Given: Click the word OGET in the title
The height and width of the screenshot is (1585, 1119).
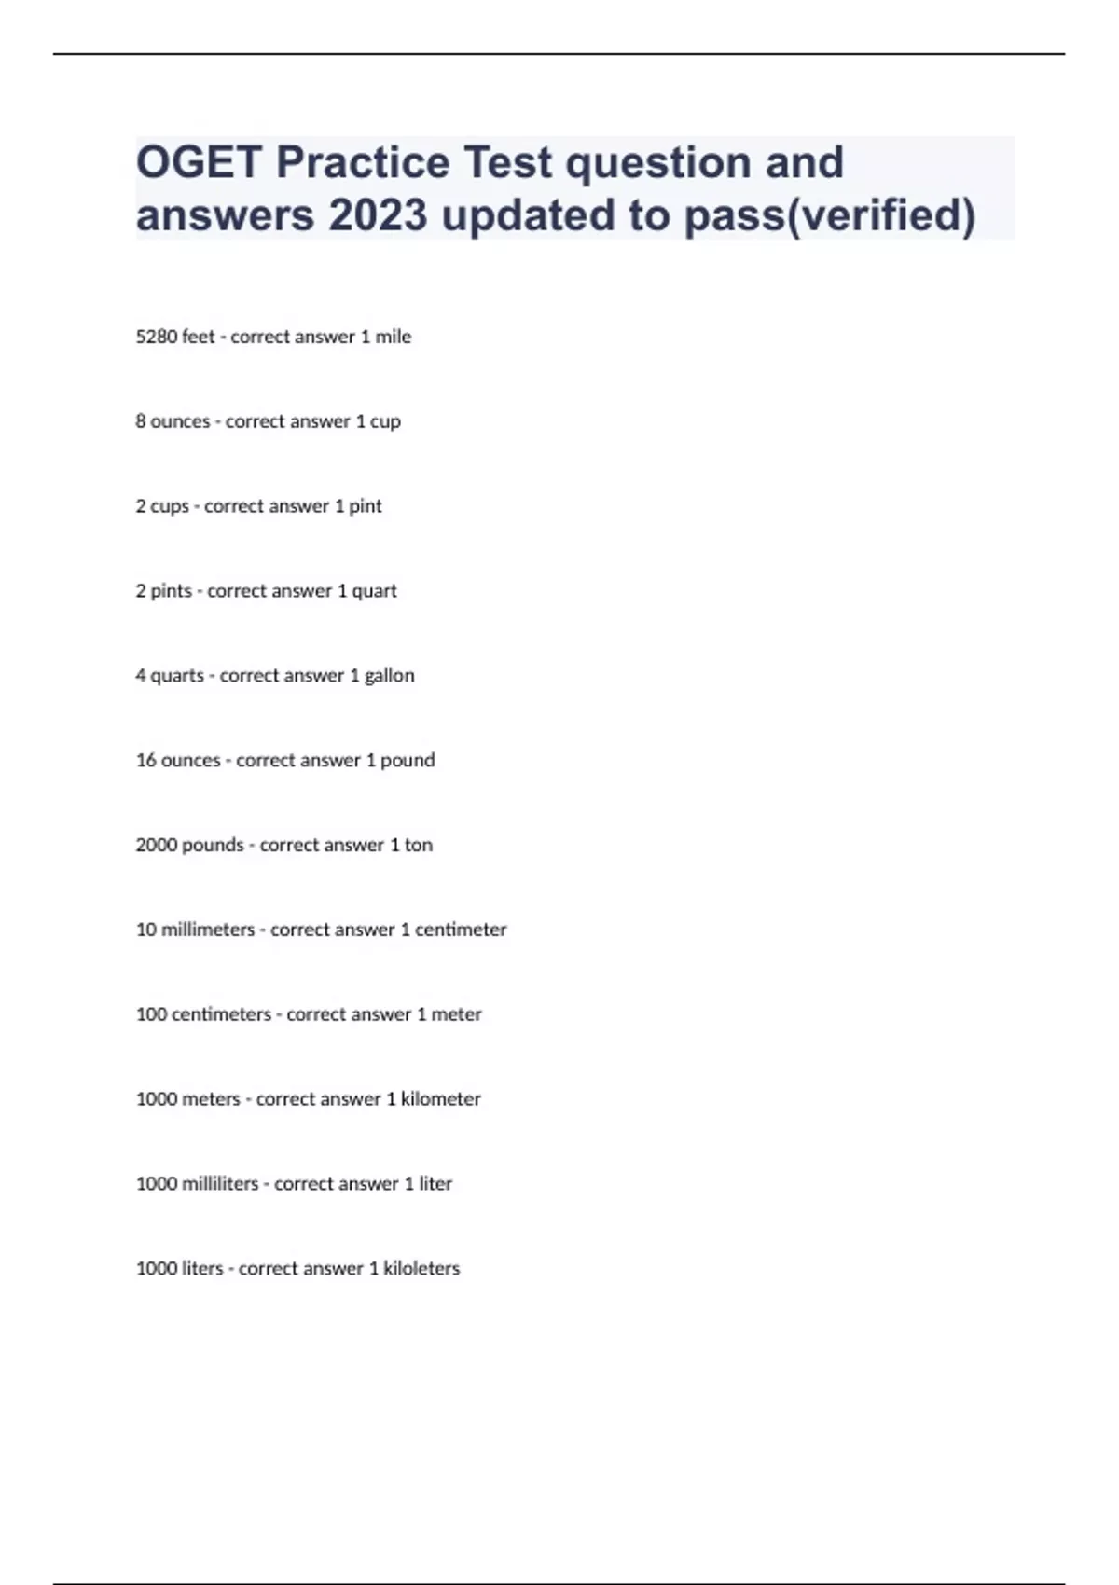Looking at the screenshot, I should pyautogui.click(x=199, y=162).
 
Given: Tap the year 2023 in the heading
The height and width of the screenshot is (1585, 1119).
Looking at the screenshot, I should pyautogui.click(x=378, y=215).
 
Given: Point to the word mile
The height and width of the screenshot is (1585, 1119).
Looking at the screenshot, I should pyautogui.click(x=393, y=337).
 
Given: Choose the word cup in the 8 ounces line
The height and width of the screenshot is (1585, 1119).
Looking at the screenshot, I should pyautogui.click(x=385, y=421).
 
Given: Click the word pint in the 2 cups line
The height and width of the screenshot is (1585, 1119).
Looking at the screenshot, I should pyautogui.click(x=365, y=506).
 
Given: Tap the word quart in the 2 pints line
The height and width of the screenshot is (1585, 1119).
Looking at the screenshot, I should pyautogui.click(x=374, y=591).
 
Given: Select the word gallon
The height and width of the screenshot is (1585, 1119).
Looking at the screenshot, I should pyautogui.click(x=389, y=676).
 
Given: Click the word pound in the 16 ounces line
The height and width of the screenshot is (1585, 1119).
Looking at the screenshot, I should pyautogui.click(x=408, y=761).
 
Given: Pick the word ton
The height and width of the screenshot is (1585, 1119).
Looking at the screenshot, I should pyautogui.click(x=418, y=846).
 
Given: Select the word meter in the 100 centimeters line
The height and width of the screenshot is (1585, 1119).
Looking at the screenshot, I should pyautogui.click(x=456, y=1014).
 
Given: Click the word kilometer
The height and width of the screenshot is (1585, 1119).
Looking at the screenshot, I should pyautogui.click(x=440, y=1099).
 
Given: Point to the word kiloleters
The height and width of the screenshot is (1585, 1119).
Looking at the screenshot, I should pyautogui.click(x=421, y=1269).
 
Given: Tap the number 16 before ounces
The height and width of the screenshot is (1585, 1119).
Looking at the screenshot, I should pyautogui.click(x=145, y=761).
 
